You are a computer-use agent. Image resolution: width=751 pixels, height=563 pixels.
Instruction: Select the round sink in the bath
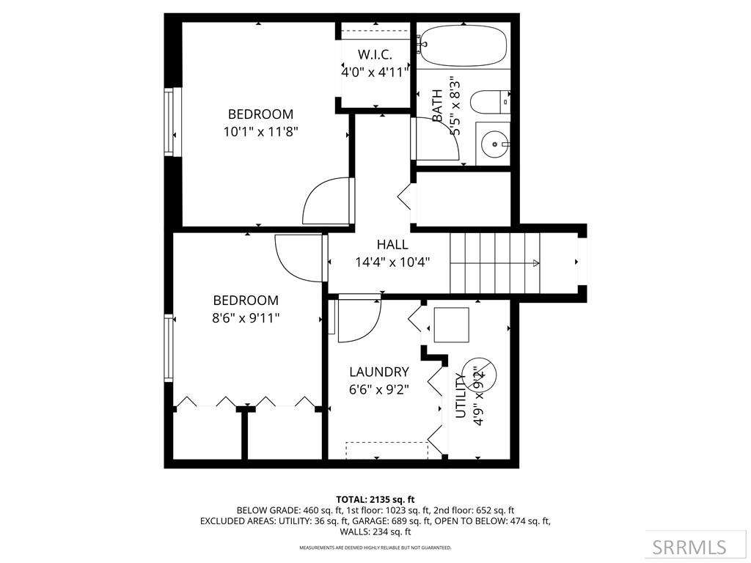[495, 144]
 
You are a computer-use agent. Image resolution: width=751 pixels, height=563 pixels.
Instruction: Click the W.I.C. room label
[374, 55]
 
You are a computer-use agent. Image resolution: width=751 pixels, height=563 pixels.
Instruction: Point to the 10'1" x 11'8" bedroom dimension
[260, 132]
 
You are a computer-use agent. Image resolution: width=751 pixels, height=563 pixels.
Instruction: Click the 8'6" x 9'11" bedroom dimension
[246, 318]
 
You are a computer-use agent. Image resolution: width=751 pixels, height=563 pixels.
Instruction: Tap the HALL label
[392, 245]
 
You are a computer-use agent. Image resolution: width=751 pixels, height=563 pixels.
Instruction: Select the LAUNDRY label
[378, 372]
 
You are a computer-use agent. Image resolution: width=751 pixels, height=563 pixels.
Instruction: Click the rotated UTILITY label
[461, 395]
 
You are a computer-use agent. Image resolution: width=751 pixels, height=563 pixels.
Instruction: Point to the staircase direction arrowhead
[537, 263]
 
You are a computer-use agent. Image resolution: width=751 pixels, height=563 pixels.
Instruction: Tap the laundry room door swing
[359, 319]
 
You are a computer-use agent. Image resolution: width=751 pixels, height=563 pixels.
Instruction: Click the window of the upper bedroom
[172, 122]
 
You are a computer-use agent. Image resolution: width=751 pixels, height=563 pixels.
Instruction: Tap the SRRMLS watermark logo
[689, 547]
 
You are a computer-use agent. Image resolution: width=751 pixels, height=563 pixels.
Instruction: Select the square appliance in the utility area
[451, 325]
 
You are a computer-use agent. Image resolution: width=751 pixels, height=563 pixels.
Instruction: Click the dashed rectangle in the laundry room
[387, 451]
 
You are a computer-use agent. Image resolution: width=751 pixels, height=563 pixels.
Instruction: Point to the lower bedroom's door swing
[298, 257]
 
